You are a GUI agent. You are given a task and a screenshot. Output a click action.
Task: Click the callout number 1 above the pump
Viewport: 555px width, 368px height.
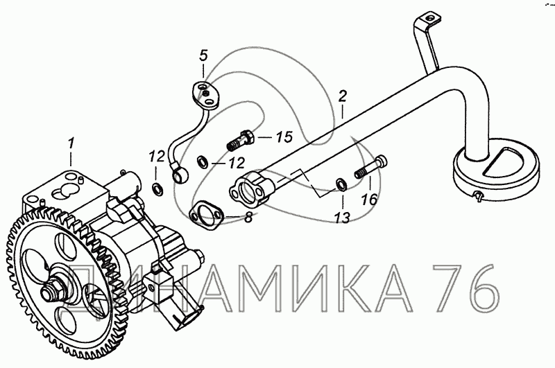click(71, 144)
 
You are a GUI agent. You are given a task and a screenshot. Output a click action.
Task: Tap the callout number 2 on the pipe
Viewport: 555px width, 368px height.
click(342, 97)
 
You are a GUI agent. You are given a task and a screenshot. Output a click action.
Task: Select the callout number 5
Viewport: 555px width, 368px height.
click(203, 56)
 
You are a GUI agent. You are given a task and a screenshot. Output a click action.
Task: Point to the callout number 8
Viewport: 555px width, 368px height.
click(248, 217)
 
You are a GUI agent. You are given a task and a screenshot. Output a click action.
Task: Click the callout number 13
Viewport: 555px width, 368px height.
click(343, 218)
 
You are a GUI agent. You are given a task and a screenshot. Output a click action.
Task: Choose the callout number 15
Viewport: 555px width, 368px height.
click(284, 137)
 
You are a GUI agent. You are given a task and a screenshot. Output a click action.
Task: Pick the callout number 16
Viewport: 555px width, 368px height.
click(370, 200)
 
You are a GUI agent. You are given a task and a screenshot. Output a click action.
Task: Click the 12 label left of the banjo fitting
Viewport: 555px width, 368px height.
click(157, 156)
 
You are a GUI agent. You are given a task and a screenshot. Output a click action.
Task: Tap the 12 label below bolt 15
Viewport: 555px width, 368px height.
click(237, 163)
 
